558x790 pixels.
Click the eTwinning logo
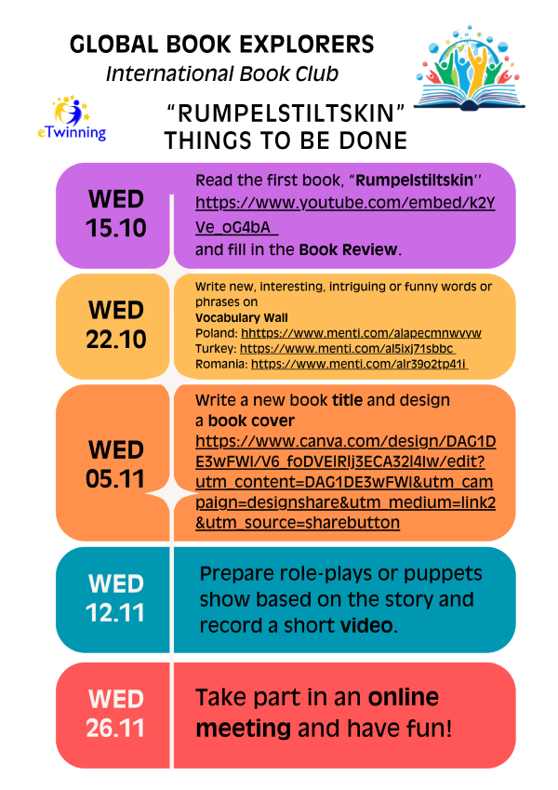click(72, 118)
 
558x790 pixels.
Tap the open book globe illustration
click(469, 68)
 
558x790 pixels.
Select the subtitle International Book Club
click(222, 74)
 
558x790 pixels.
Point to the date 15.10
click(116, 228)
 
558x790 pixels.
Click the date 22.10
click(116, 339)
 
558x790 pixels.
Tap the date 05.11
click(115, 478)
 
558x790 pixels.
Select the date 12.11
click(115, 612)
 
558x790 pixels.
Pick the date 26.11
click(115, 728)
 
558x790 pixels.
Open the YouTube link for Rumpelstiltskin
click(345, 215)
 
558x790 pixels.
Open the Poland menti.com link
click(361, 333)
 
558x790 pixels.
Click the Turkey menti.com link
click(348, 349)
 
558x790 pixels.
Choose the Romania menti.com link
click(360, 364)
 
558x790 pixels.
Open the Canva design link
click(345, 482)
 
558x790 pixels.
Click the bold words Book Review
click(348, 249)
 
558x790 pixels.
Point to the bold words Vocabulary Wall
click(242, 318)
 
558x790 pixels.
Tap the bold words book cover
click(251, 421)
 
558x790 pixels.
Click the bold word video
click(366, 625)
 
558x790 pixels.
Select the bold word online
click(404, 697)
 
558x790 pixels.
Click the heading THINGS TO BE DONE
click(286, 141)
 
